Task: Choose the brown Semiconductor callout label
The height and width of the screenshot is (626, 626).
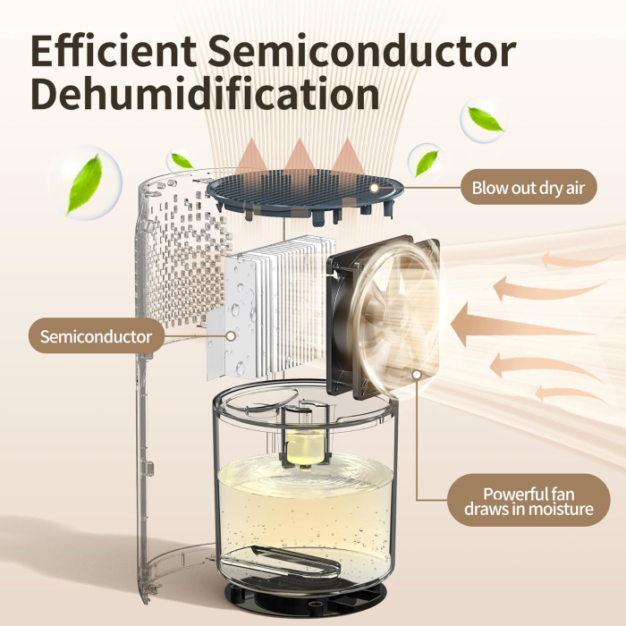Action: [x=96, y=337]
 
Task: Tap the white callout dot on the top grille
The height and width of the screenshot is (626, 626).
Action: [x=373, y=189]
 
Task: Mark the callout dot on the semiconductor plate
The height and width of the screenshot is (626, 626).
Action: [x=232, y=337]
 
